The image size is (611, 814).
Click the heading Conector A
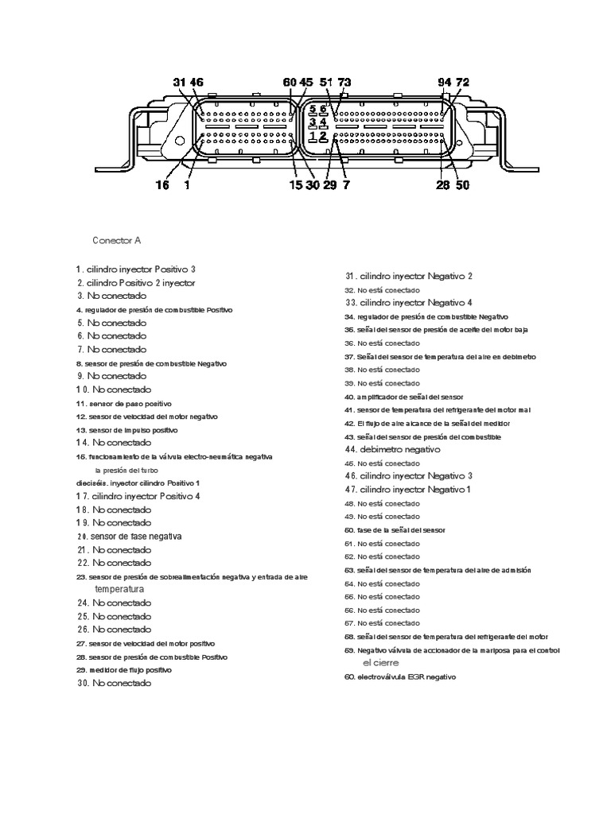point(117,239)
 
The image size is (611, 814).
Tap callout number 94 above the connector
point(444,82)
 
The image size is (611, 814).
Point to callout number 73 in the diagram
point(344,82)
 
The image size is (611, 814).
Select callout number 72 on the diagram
point(462,82)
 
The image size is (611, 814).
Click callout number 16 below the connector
point(162,185)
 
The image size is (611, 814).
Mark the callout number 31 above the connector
point(178,82)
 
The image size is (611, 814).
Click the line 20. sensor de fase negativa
point(129,537)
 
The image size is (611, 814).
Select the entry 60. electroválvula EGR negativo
point(400,676)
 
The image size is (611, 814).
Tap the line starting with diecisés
point(138,483)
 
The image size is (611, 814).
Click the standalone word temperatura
point(119,590)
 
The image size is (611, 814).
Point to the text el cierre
point(380,663)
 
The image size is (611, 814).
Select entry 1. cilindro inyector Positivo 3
point(136,269)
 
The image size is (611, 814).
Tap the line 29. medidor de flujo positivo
point(124,670)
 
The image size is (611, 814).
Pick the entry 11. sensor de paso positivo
point(124,404)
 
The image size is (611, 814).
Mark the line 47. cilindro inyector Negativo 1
point(408,490)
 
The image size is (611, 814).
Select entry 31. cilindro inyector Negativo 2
point(409,276)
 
